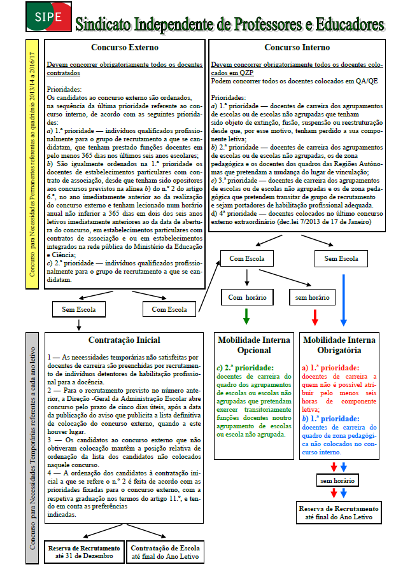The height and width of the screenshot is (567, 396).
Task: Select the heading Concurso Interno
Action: [297, 48]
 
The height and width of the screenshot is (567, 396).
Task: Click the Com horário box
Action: [246, 297]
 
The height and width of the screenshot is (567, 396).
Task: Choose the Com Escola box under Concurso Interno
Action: [246, 259]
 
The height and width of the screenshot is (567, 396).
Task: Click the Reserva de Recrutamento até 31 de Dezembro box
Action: [83, 552]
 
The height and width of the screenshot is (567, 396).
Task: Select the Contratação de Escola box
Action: [166, 552]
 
